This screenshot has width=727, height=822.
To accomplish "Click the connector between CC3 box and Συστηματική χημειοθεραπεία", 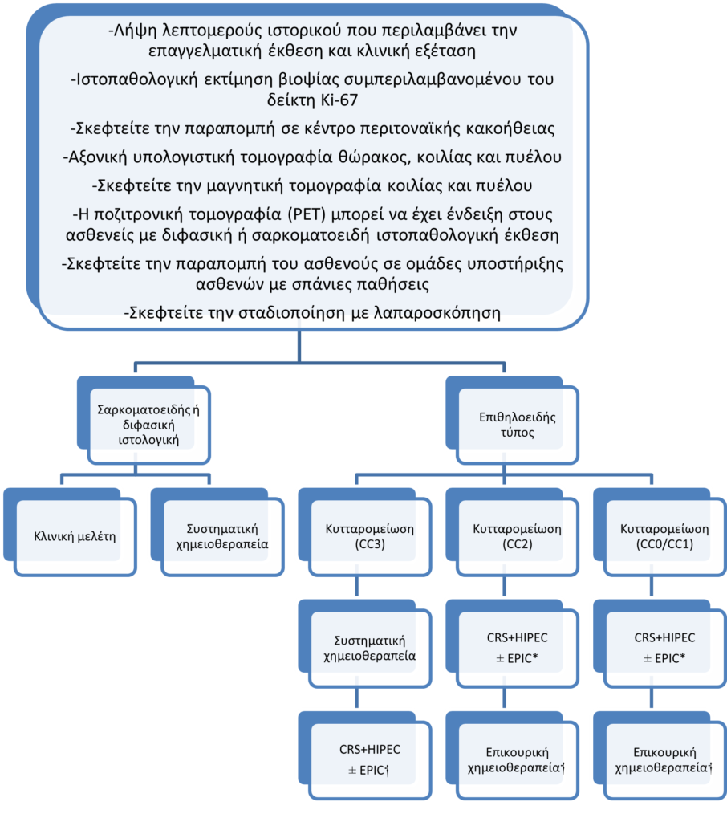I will (358, 585).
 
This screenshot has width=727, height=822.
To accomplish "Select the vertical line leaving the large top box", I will (299, 345).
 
